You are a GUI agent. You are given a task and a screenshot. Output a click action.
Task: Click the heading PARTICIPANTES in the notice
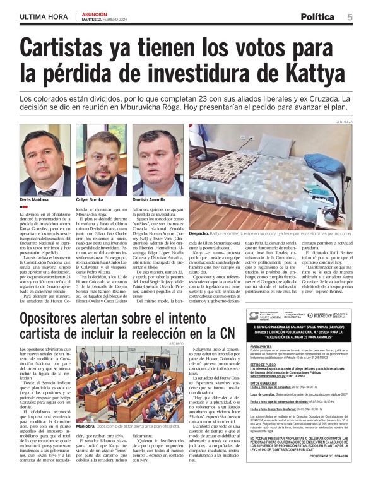[x=261, y=347]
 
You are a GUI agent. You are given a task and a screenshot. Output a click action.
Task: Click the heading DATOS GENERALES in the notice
[x=263, y=382]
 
